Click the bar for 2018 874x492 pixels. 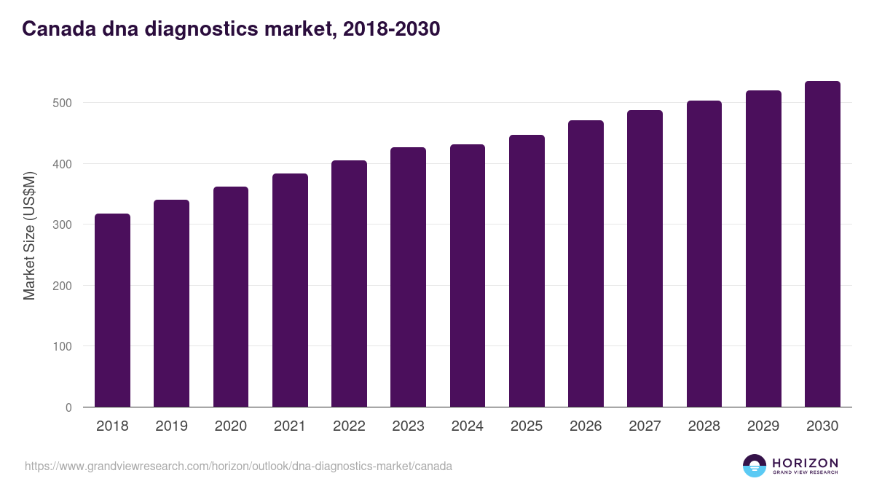pyautogui.click(x=112, y=311)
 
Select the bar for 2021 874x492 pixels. pyautogui.click(x=290, y=290)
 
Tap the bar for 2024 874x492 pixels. pyautogui.click(x=468, y=276)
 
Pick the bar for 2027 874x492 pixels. pyautogui.click(x=645, y=259)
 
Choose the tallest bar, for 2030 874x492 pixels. pyautogui.click(x=822, y=244)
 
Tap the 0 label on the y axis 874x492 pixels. pyautogui.click(x=68, y=407)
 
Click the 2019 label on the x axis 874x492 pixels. pyautogui.click(x=171, y=426)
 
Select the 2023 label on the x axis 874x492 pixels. pyautogui.click(x=408, y=426)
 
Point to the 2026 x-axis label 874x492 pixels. pyautogui.click(x=586, y=426)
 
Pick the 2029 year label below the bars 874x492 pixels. pyautogui.click(x=763, y=426)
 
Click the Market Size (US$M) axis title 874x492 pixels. pyautogui.click(x=29, y=235)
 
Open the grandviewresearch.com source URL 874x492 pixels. pyautogui.click(x=238, y=466)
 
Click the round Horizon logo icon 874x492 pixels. pyautogui.click(x=754, y=466)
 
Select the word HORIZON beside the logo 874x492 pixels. pyautogui.click(x=805, y=463)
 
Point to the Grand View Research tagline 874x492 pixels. pyautogui.click(x=805, y=473)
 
